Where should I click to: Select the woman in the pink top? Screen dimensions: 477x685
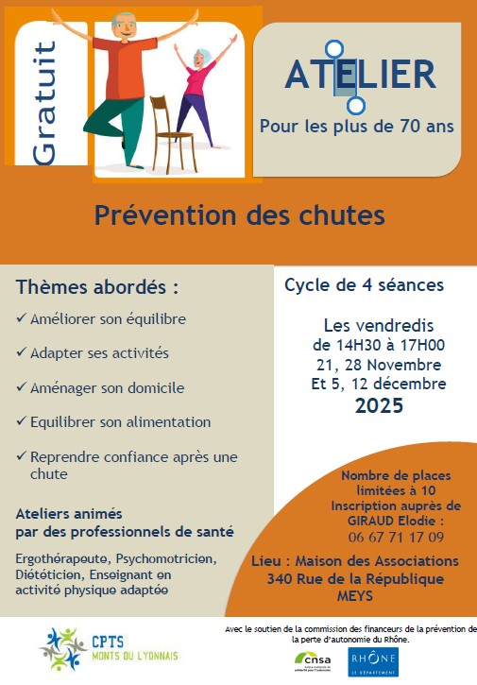point(199,90)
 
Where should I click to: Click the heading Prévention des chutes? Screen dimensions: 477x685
point(239,215)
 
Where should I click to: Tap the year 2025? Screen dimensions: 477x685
point(379,407)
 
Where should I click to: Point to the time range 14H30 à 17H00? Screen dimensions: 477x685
point(379,345)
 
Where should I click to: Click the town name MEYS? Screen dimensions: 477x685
point(355,597)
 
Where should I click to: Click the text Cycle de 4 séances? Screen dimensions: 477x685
point(364,283)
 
